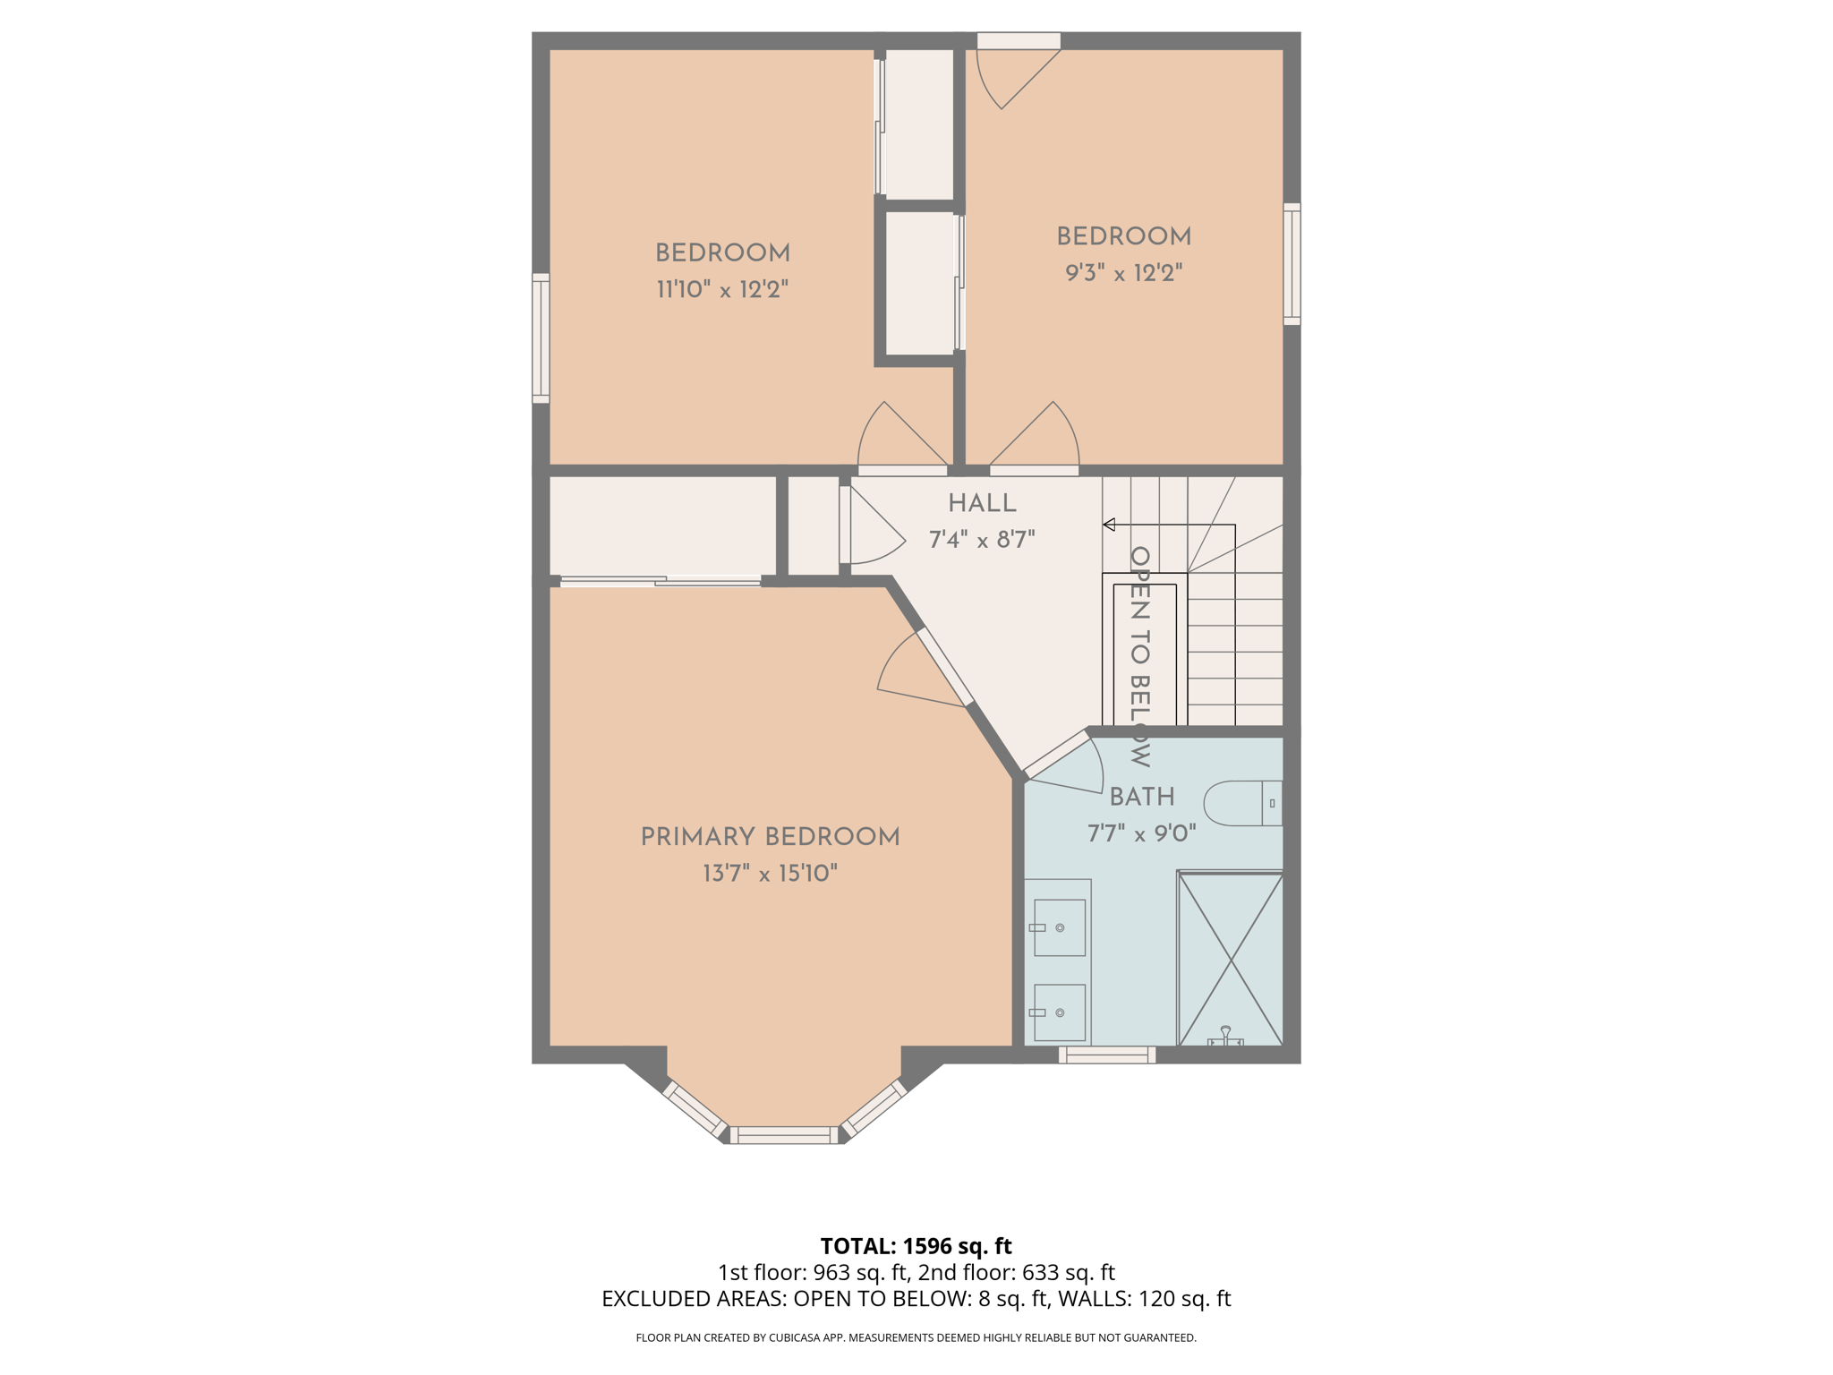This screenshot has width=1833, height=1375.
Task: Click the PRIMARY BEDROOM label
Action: (770, 837)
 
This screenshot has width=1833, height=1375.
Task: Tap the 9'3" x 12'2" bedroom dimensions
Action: (1123, 273)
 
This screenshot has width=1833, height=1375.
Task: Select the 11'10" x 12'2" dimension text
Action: (722, 290)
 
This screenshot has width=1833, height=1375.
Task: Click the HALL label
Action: (982, 503)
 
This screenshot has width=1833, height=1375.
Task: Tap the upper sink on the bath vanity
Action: (1060, 927)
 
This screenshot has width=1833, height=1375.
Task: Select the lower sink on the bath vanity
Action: (1060, 1012)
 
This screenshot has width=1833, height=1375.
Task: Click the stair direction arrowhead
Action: (1109, 525)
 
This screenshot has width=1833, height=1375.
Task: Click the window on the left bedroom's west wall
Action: (541, 338)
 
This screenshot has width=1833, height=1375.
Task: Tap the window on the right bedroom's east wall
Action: (1292, 263)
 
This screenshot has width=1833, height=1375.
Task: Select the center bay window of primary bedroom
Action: (784, 1135)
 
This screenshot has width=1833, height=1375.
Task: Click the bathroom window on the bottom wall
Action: (1107, 1055)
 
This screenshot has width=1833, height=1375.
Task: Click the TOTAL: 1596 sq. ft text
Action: (916, 1246)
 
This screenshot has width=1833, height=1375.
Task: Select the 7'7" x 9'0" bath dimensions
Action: (1141, 834)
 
